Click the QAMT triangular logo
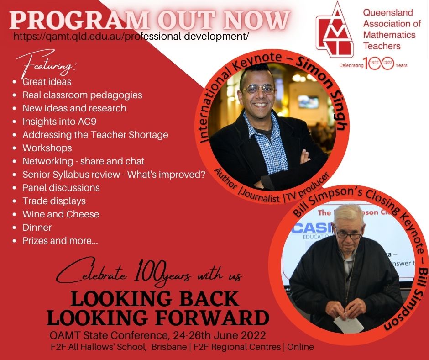pyautogui.click(x=335, y=30)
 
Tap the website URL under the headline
pyautogui.click(x=131, y=36)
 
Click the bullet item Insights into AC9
pyautogui.click(x=59, y=122)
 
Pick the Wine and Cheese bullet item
pyautogui.click(x=61, y=214)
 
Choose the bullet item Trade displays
pyautogui.click(x=54, y=201)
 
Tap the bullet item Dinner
pyautogui.click(x=37, y=227)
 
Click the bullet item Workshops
pyautogui.click(x=47, y=148)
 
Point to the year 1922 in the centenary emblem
pyautogui.click(x=374, y=63)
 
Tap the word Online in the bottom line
pyautogui.click(x=300, y=347)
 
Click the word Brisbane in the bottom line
pyautogui.click(x=169, y=347)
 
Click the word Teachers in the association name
pyautogui.click(x=382, y=46)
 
